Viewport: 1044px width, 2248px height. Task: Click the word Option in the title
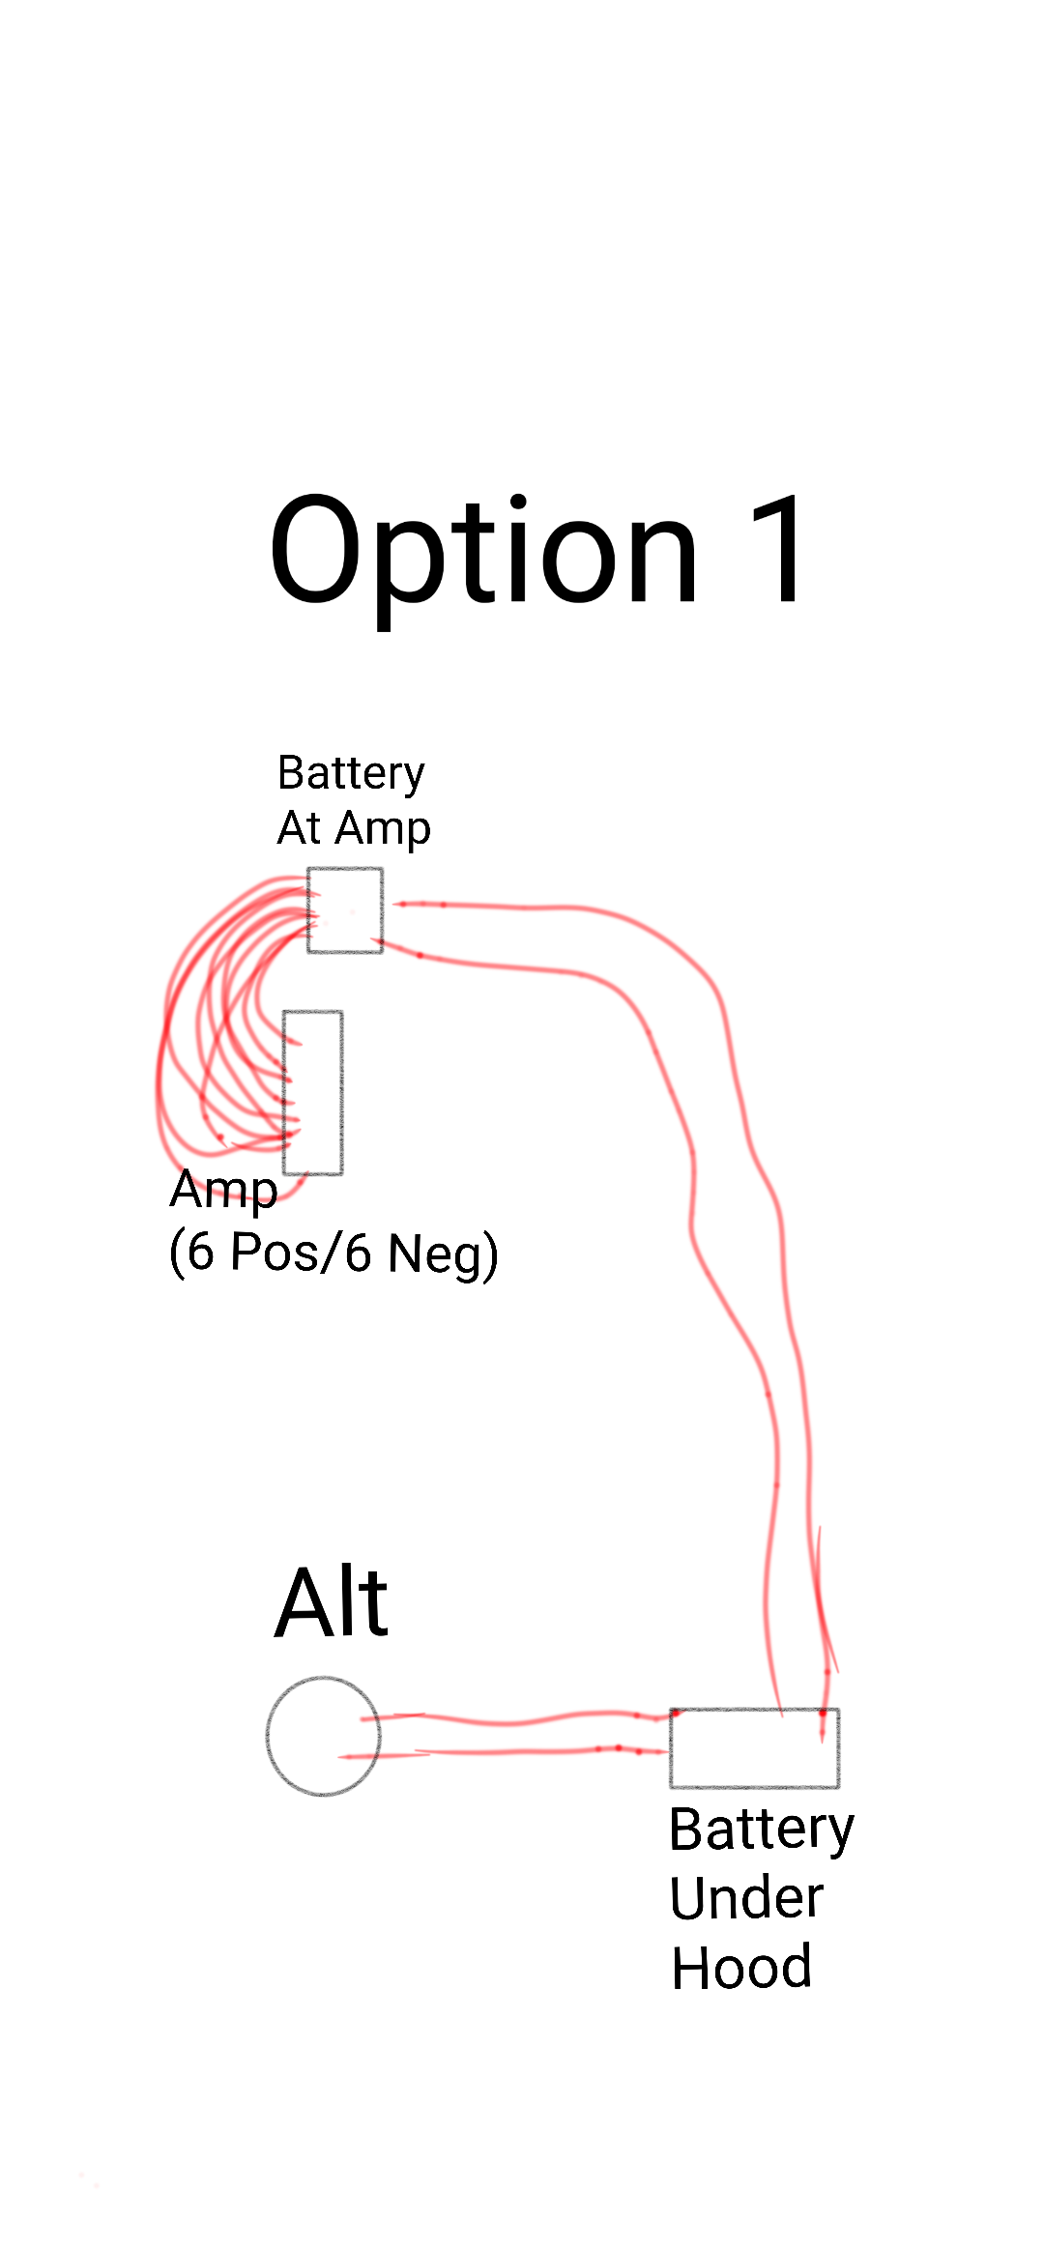(483, 551)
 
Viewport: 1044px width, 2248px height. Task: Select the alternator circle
(323, 1736)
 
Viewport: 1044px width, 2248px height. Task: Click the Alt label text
(332, 1604)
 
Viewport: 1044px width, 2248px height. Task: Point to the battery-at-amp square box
(345, 910)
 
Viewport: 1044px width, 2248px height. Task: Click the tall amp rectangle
(313, 1092)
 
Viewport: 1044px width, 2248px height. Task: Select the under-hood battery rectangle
(754, 1747)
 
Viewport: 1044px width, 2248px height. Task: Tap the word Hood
(741, 1968)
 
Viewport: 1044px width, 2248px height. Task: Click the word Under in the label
(745, 1897)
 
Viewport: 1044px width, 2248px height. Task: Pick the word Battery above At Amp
(351, 773)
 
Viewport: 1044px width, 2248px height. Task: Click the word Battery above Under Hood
(761, 1830)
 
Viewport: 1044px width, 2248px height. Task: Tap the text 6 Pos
(257, 1253)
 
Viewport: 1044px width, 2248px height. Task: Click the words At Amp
(354, 828)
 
